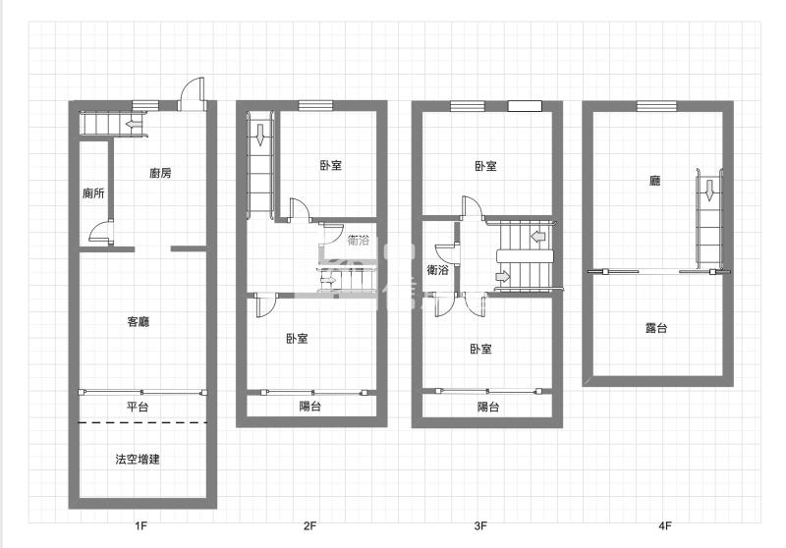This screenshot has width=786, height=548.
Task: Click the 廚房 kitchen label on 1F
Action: [x=160, y=174]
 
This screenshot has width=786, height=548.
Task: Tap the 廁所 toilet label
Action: [x=93, y=193]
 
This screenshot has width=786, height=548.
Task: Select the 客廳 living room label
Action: [x=139, y=321]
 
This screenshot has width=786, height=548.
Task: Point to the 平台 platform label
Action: [x=138, y=408]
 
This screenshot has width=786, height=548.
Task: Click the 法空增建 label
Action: [x=138, y=459]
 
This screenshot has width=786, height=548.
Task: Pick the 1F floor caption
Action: [x=140, y=526]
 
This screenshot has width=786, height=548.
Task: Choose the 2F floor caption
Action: [x=309, y=526]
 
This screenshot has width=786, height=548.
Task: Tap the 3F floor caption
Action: [x=480, y=526]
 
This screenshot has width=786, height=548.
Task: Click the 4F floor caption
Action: [x=665, y=526]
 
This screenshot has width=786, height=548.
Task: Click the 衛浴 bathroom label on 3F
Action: [x=438, y=269]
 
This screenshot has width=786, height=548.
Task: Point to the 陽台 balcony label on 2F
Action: [x=309, y=407]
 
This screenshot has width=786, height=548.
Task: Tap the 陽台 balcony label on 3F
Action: [x=488, y=407]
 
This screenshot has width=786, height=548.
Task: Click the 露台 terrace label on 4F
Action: [x=656, y=328]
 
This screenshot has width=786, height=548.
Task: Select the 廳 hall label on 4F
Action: [x=654, y=181]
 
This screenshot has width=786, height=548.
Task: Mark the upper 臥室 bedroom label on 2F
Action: [x=331, y=166]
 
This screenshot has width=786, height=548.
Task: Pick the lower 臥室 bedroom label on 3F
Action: [x=480, y=349]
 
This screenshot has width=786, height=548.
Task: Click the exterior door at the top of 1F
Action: [x=192, y=93]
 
